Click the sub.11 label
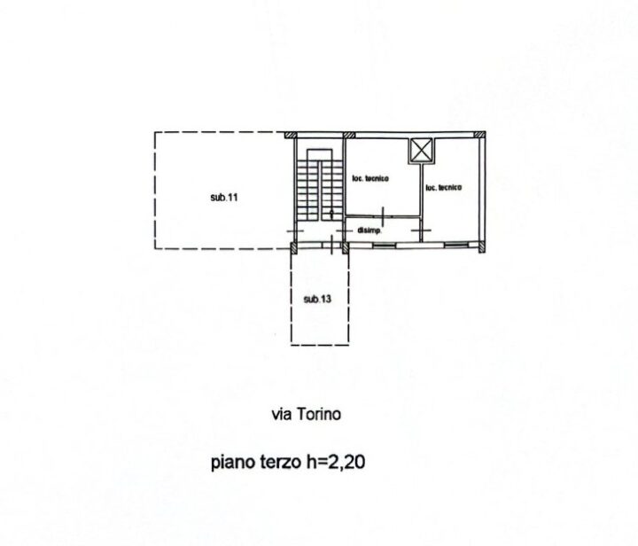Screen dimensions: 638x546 pos(224,198)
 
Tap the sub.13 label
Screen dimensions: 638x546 pos(317,300)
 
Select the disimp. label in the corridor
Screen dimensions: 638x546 pos(370,230)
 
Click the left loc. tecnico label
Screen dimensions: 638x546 pos(370,178)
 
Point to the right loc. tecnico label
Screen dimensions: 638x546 pos(444,187)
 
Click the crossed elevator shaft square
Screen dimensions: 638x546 pos(422,151)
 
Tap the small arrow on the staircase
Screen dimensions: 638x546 pos(331,214)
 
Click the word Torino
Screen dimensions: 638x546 pos(319,414)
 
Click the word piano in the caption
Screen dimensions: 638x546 pos(232,463)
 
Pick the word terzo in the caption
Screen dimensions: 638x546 pos(281,462)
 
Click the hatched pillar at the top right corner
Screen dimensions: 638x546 pos(480,135)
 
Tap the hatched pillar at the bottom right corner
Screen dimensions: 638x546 pos(481,247)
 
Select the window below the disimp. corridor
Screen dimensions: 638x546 pos(384,245)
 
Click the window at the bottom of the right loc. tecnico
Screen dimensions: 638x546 pos(455,245)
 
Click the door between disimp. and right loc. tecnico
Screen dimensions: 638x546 pos(421,230)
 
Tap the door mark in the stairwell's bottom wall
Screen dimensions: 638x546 pos(332,245)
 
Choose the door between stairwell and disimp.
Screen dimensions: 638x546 pos(344,230)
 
